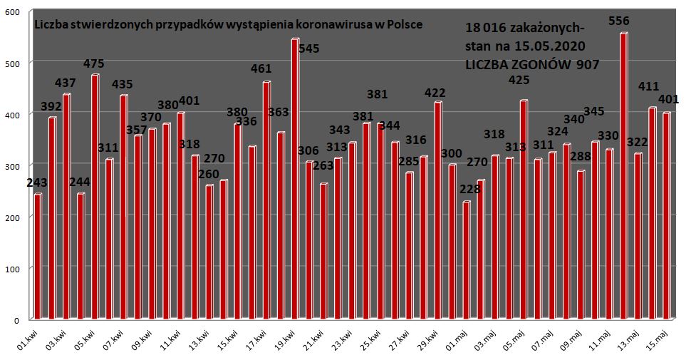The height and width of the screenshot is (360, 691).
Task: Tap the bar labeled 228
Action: [467, 260]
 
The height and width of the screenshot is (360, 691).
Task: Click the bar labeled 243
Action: [38, 256]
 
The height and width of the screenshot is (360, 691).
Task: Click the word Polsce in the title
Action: [405, 24]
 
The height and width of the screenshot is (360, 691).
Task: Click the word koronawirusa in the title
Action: [341, 24]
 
